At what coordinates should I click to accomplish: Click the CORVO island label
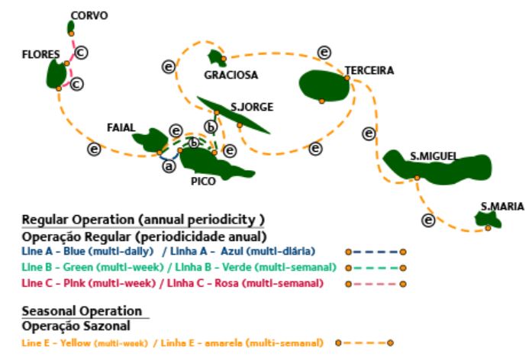pyautogui.click(x=89, y=15)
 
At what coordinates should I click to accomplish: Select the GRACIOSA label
pyautogui.click(x=231, y=75)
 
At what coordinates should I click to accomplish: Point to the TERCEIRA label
pyautogui.click(x=369, y=70)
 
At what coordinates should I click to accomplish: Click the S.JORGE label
pyautogui.click(x=251, y=107)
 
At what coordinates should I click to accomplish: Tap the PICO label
pyautogui.click(x=204, y=182)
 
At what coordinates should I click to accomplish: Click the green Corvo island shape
pyautogui.click(x=71, y=27)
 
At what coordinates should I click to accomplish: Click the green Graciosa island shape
pyautogui.click(x=216, y=57)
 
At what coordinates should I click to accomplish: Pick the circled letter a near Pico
pyautogui.click(x=169, y=166)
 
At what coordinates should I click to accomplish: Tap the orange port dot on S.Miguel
pyautogui.click(x=417, y=178)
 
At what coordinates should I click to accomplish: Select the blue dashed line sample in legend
pyautogui.click(x=375, y=251)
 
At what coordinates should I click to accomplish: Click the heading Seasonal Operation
pyautogui.click(x=82, y=310)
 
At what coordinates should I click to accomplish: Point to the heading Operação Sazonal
pyautogui.click(x=75, y=325)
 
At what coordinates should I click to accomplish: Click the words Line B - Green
pyautogui.click(x=55, y=267)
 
